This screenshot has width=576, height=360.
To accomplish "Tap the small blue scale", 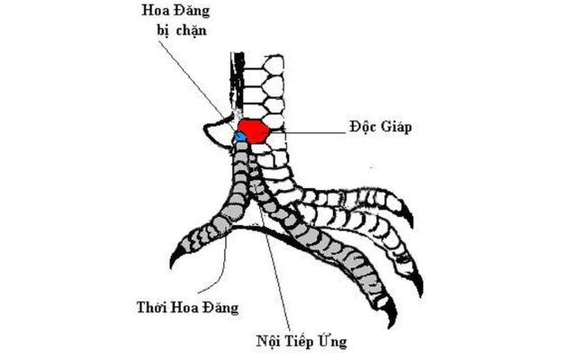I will (x=240, y=138).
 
